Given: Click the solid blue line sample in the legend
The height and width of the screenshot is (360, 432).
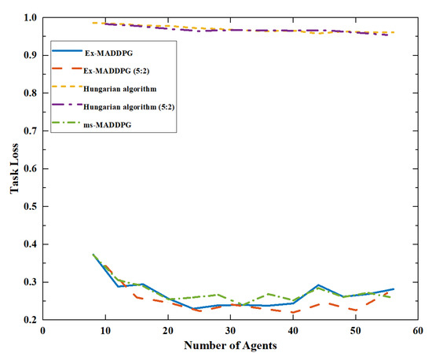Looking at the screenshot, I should point(66,53).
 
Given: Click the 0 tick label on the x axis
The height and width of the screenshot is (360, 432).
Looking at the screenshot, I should point(44,332).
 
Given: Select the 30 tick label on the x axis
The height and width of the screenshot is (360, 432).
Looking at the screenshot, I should point(229,332).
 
